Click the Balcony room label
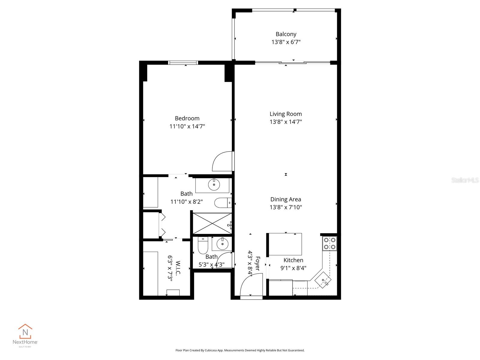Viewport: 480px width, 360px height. pyautogui.click(x=286, y=34)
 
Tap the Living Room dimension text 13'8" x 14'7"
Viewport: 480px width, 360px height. pyautogui.click(x=286, y=122)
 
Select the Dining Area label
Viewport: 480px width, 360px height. pyautogui.click(x=286, y=199)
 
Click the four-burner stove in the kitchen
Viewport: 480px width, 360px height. pyautogui.click(x=329, y=243)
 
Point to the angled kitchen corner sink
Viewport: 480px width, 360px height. pyautogui.click(x=323, y=280)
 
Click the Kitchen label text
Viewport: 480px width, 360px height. pyautogui.click(x=293, y=260)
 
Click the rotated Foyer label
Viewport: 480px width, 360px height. pyautogui.click(x=257, y=263)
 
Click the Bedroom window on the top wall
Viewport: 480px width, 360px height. pyautogui.click(x=183, y=63)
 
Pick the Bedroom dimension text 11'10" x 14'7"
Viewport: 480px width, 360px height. pyautogui.click(x=187, y=126)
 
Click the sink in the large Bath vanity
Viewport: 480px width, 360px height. pyautogui.click(x=214, y=185)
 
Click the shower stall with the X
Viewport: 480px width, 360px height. pyautogui.click(x=212, y=223)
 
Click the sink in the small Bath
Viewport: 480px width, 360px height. pyautogui.click(x=222, y=244)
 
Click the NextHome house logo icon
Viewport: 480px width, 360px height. pyautogui.click(x=25, y=331)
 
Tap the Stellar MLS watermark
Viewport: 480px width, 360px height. pyautogui.click(x=465, y=180)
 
